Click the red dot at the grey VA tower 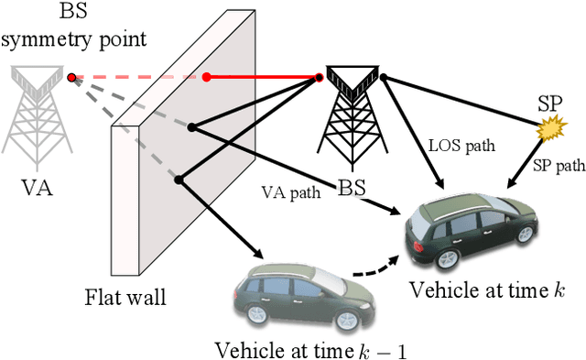click(x=72, y=78)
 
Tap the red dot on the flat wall click(x=207, y=77)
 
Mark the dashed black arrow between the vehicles click(x=375, y=267)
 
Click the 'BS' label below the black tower click(x=351, y=189)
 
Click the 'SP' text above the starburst click(x=549, y=105)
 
